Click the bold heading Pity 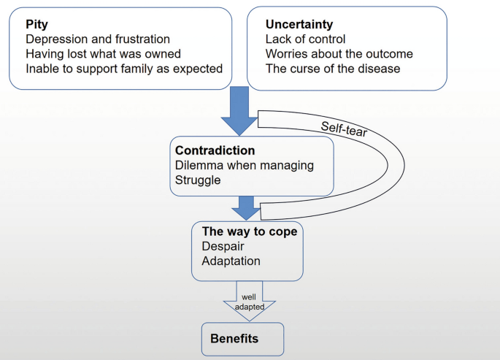point(36,24)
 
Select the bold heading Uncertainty point(299,24)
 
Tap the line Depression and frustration point(97,39)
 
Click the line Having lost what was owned point(103,54)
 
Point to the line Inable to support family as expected point(123,69)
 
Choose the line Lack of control point(305,39)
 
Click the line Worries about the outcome point(339,54)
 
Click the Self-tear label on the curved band point(345,129)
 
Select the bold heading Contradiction point(215,150)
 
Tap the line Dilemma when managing point(244,165)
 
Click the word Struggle point(197,180)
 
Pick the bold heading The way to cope point(250,231)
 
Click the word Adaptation point(230,261)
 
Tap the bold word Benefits point(234,339)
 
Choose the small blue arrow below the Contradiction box point(248,207)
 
